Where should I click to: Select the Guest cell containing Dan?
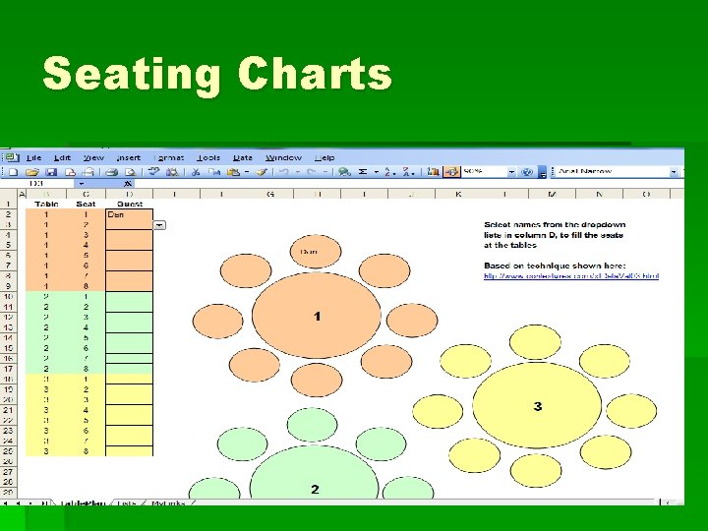point(128,214)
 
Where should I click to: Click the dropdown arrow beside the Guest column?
point(159,225)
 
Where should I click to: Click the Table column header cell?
point(46,205)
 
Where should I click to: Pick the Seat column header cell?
point(86,205)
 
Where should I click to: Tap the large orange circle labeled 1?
point(317,316)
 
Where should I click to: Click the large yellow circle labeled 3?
point(537,406)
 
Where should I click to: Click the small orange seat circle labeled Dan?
point(309,252)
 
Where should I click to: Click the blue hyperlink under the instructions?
point(570,276)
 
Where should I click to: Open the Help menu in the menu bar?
point(324,157)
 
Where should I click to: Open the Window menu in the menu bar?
point(283,157)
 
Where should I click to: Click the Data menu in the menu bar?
point(242,157)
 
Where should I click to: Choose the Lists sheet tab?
point(126,502)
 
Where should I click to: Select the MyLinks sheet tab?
point(167,502)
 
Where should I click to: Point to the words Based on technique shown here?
point(542,265)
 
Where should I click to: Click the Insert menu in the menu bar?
point(129,157)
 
